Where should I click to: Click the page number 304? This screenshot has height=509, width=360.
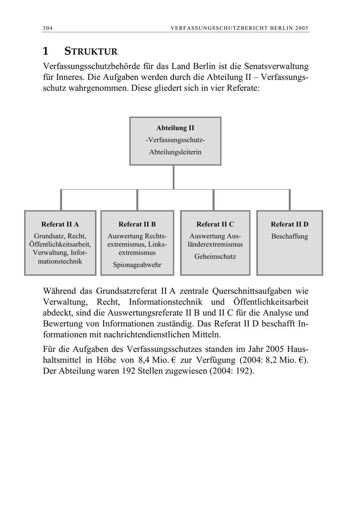point(48,28)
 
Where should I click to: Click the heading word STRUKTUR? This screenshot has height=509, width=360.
point(91,52)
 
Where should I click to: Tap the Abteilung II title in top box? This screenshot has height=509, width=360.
point(175,128)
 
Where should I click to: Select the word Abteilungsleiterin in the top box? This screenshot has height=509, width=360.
point(175,152)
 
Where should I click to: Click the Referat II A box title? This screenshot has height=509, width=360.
point(60,224)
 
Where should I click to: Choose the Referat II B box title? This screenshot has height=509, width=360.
point(137,224)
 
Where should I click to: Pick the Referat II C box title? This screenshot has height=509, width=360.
point(215,224)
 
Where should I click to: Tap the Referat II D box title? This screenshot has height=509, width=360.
point(290,224)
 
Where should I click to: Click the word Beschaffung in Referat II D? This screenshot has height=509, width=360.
point(290,236)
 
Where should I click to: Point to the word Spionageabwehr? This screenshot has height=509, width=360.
point(137,265)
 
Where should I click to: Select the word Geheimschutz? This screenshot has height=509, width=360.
point(215,257)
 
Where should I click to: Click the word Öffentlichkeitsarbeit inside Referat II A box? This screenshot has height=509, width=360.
point(60,244)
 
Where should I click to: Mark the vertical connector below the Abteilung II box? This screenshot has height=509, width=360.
point(173,177)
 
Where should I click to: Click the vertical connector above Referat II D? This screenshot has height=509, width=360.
point(290,200)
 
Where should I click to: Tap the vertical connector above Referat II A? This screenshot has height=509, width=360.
point(61,200)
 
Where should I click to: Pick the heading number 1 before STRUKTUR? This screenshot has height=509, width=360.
point(46,51)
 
